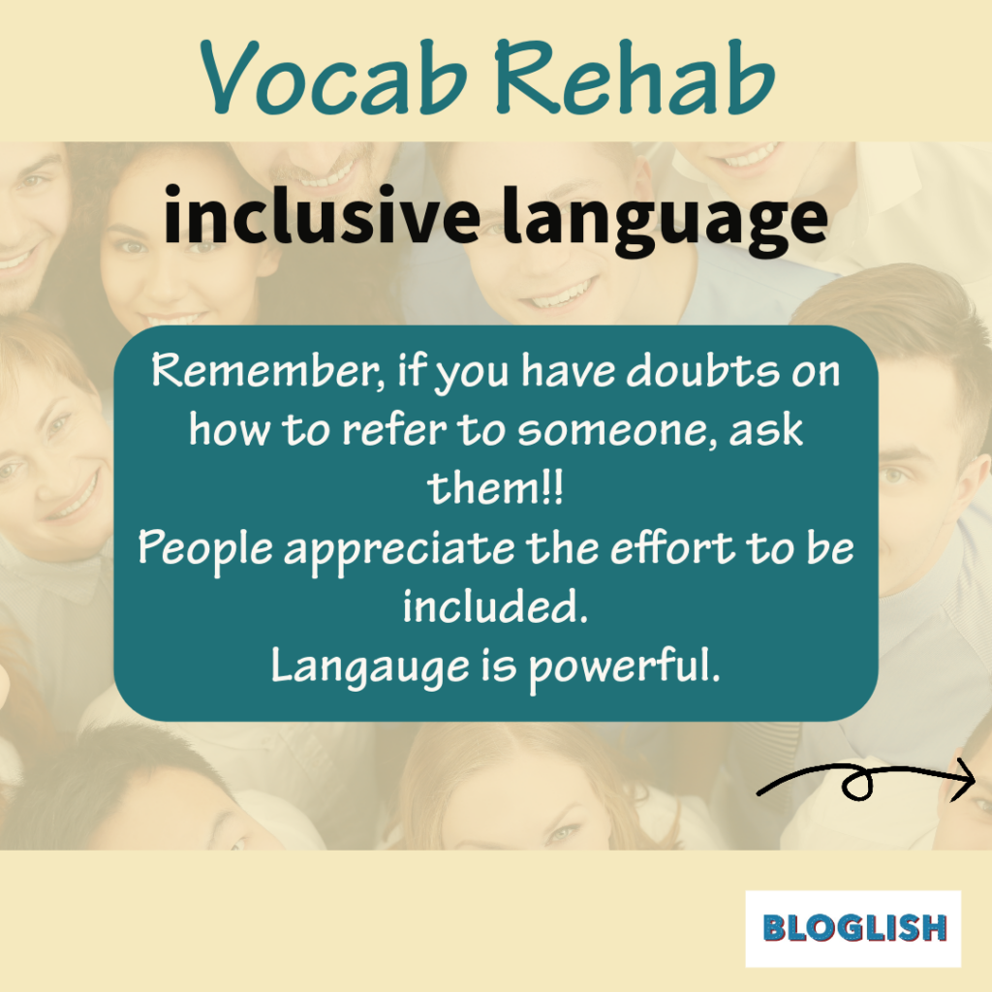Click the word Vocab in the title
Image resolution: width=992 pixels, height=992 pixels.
[x=333, y=77]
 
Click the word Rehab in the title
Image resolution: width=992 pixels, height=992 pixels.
[x=634, y=77]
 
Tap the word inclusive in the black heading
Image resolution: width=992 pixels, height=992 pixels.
[x=322, y=215]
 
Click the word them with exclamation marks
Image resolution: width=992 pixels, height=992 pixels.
[x=495, y=488]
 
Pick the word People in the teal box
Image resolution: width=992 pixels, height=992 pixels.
[x=205, y=548]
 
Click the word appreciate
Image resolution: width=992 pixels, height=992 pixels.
[x=399, y=549]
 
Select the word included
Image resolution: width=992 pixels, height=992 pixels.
[x=496, y=606]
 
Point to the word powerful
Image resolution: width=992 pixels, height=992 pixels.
[x=625, y=666]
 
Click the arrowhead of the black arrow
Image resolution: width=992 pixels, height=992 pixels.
[x=964, y=780]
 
